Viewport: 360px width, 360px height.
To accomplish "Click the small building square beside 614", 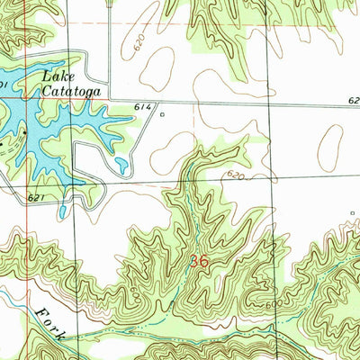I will point(162,114).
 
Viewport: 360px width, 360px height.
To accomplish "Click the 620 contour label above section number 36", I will point(236,174).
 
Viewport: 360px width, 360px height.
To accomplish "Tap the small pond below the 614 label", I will point(121,166).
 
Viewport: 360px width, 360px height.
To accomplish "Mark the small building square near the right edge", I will point(351,213).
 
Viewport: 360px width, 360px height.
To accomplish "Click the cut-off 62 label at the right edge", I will point(352,101).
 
